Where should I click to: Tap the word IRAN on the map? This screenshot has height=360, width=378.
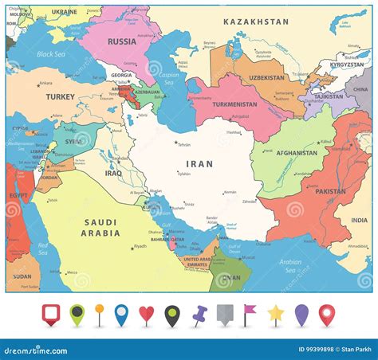click(x=199, y=163)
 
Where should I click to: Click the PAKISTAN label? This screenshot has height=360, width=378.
click(x=329, y=191)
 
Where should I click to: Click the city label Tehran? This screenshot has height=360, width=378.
click(x=183, y=144)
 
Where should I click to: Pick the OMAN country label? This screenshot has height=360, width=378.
click(x=231, y=276)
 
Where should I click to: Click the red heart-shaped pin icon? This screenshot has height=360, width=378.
click(x=146, y=314)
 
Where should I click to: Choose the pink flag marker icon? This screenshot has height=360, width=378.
click(x=250, y=313)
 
